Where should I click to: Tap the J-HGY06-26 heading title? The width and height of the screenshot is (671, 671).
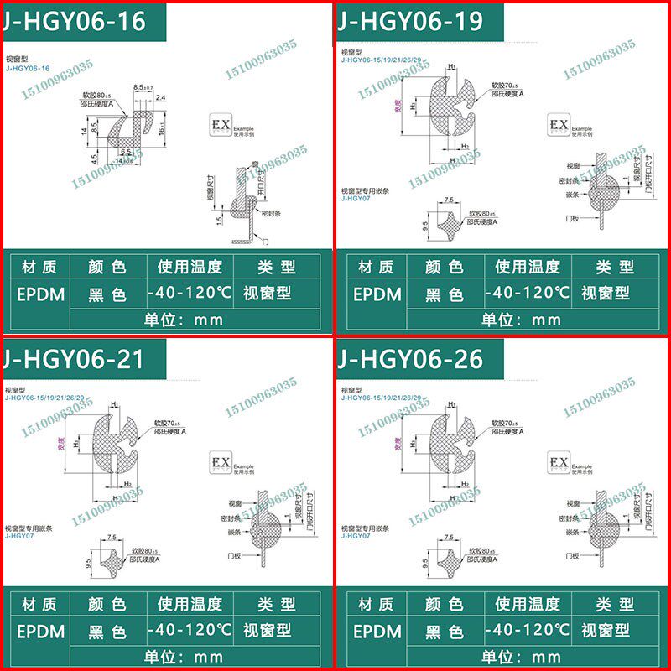[410, 359]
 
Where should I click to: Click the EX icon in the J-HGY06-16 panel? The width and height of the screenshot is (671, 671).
[221, 126]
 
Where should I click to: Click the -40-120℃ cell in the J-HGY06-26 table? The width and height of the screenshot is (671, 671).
[528, 630]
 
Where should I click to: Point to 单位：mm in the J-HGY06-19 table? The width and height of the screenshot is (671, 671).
[521, 320]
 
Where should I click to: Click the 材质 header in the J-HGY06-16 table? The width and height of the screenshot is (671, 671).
[36, 268]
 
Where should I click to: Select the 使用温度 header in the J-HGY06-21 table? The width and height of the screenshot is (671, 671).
[189, 604]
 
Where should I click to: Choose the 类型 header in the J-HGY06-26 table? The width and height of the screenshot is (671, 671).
[615, 604]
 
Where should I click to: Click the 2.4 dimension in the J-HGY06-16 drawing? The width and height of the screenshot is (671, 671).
[160, 98]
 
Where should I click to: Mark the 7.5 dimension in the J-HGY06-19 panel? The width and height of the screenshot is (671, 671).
[448, 200]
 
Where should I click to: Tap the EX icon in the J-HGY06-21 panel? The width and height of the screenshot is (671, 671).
[221, 463]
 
